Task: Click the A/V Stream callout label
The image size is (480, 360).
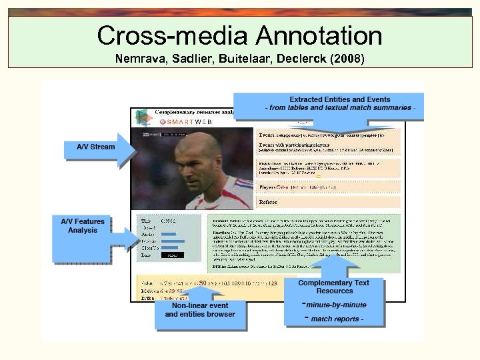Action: [x=96, y=147]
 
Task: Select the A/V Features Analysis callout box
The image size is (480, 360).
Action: [x=83, y=226]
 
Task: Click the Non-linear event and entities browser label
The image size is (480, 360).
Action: [x=200, y=310]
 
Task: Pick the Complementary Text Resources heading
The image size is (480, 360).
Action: [x=334, y=287]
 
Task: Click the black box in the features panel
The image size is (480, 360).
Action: [x=173, y=255]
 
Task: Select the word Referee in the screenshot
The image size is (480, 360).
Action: [x=268, y=201]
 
